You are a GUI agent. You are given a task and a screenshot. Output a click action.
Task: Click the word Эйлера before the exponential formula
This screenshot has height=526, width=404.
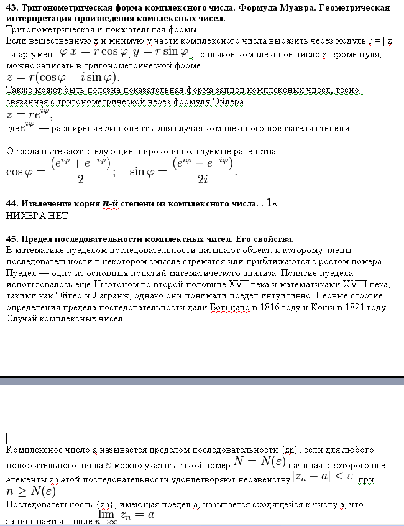point(227,102)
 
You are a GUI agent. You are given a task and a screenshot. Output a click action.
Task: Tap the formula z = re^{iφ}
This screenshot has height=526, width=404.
point(29,114)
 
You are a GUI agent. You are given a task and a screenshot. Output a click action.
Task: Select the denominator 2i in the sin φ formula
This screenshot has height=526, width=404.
point(203,179)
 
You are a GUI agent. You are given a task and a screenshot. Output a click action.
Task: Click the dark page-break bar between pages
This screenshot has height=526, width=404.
point(202,380)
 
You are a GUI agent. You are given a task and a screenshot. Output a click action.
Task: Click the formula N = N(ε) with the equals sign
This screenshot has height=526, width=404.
point(259,461)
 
